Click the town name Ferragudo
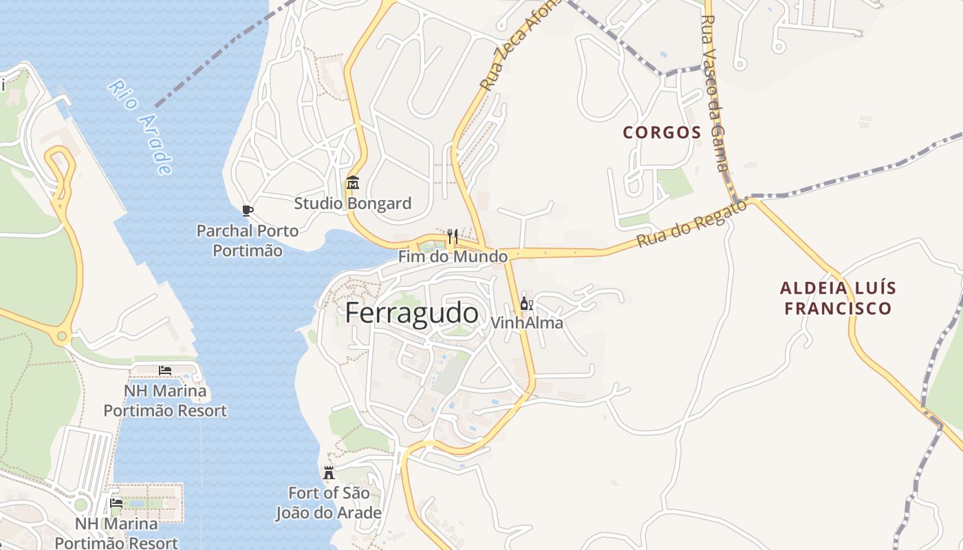point(411,313)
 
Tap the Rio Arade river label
point(140,127)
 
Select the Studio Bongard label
point(353,203)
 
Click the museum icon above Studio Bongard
point(353,183)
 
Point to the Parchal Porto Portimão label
point(248,241)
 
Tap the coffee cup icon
point(248,210)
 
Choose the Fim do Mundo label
point(453,256)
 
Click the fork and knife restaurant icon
point(452,236)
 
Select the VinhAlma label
point(527,322)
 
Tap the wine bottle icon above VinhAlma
point(526,303)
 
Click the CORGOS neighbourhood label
point(662,133)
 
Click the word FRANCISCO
point(838,308)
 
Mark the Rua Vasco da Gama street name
point(716,93)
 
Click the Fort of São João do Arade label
point(329,503)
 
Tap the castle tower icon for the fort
point(329,473)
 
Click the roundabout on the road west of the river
point(63,336)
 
